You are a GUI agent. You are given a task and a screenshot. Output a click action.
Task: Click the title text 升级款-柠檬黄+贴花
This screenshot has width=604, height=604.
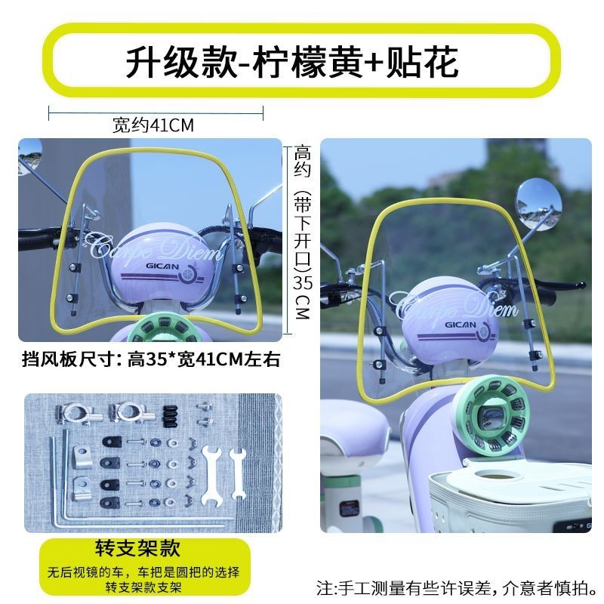point(292,62)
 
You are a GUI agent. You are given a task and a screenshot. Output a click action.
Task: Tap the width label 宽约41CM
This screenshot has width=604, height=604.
point(153,125)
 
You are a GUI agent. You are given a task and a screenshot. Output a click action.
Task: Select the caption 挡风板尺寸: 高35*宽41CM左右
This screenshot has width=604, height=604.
point(150,359)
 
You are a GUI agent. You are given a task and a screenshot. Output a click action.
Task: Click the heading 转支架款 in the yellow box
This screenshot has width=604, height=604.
point(137,548)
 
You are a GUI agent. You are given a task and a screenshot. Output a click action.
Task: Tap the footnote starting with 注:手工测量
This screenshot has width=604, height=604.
point(458,588)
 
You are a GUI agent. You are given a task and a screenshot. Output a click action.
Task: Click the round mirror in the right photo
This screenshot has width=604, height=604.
point(538,205)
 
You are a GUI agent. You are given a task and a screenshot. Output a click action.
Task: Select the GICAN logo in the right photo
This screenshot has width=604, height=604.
point(461,325)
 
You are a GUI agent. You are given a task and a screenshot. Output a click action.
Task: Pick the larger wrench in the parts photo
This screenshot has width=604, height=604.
point(211,478)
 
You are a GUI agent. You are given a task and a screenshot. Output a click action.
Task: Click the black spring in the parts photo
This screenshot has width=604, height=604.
point(170,416)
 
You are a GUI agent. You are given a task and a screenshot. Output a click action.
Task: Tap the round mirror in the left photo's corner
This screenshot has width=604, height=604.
point(29,154)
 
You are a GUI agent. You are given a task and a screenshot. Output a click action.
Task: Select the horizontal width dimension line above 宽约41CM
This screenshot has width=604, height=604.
point(156,112)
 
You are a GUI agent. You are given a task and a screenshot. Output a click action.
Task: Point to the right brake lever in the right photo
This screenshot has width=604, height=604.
point(560,285)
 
